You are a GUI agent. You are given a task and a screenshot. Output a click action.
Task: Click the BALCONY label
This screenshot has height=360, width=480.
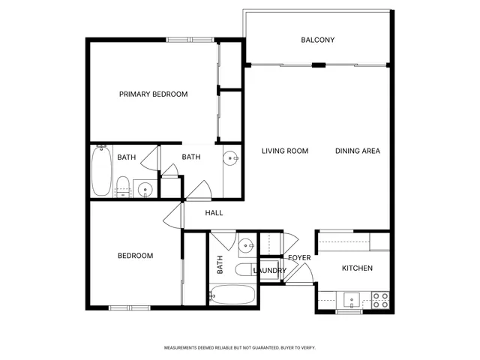[317, 40]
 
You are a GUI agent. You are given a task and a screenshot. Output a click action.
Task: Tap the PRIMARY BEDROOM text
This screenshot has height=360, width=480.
[153, 94]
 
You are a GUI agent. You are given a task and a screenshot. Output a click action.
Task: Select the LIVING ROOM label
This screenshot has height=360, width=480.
[285, 151]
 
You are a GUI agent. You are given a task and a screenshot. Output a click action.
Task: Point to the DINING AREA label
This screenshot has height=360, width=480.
[357, 151]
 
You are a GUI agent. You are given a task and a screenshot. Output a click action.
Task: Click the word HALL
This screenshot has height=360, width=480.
[214, 213]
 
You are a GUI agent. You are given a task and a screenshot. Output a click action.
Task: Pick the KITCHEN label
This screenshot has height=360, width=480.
[357, 268]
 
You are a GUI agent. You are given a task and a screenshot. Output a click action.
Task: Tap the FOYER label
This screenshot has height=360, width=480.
[299, 258]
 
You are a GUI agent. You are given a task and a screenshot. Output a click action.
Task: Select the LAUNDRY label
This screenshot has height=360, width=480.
[269, 271]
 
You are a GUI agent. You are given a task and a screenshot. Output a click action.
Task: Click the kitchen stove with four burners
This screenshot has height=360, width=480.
[380, 300]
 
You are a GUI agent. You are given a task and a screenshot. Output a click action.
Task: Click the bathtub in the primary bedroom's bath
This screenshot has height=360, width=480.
[101, 171]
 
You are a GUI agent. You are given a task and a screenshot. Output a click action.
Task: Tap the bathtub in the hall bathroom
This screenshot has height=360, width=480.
[233, 296]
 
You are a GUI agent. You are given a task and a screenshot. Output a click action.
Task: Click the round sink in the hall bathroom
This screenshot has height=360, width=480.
[244, 246]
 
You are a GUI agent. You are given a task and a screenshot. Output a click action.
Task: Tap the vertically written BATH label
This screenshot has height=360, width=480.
[220, 264]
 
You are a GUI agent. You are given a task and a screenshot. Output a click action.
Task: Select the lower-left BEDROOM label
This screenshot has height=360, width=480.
[135, 256]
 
